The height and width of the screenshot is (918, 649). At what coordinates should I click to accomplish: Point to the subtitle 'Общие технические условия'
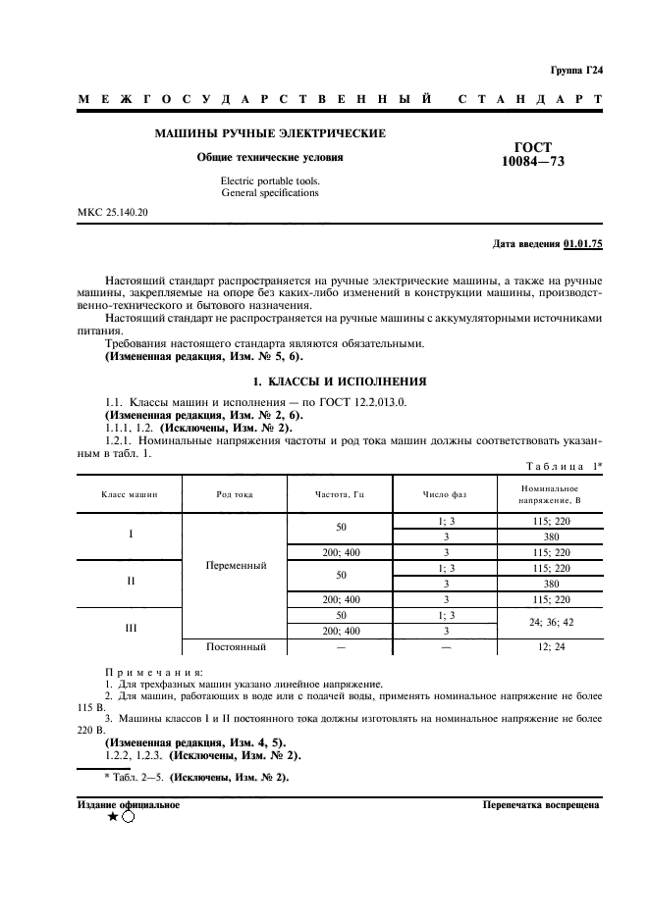pyautogui.click(x=270, y=156)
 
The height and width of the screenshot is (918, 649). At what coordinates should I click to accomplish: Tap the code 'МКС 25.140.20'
pyautogui.click(x=114, y=212)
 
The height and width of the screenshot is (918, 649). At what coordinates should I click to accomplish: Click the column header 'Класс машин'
pyautogui.click(x=130, y=494)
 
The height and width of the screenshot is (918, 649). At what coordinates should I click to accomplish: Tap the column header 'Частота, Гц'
pyautogui.click(x=339, y=494)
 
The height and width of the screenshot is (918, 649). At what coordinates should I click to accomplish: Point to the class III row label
pyautogui.click(x=131, y=623)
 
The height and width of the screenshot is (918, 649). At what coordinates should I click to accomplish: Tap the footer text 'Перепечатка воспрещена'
pyautogui.click(x=540, y=804)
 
